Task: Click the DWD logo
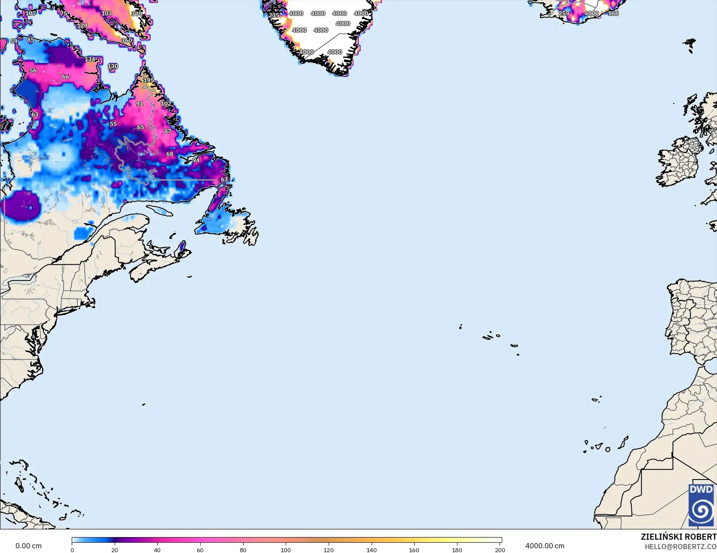click(x=701, y=505)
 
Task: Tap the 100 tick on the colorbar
click(x=286, y=550)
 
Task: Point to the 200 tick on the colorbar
click(x=500, y=550)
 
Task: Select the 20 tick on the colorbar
click(x=115, y=550)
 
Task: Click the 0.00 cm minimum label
click(x=28, y=546)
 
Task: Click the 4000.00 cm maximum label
click(x=545, y=546)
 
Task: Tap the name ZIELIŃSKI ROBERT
click(x=678, y=537)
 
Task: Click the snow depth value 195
click(x=149, y=80)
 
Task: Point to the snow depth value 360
click(x=127, y=40)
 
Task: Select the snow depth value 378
click(x=137, y=14)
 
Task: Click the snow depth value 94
click(x=196, y=160)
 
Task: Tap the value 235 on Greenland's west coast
click(x=274, y=15)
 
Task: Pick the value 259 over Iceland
click(x=564, y=13)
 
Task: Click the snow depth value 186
click(x=613, y=13)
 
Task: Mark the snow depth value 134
click(x=90, y=59)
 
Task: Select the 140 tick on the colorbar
click(x=371, y=550)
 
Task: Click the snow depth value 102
click(x=166, y=104)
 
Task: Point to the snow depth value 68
click(x=170, y=154)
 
